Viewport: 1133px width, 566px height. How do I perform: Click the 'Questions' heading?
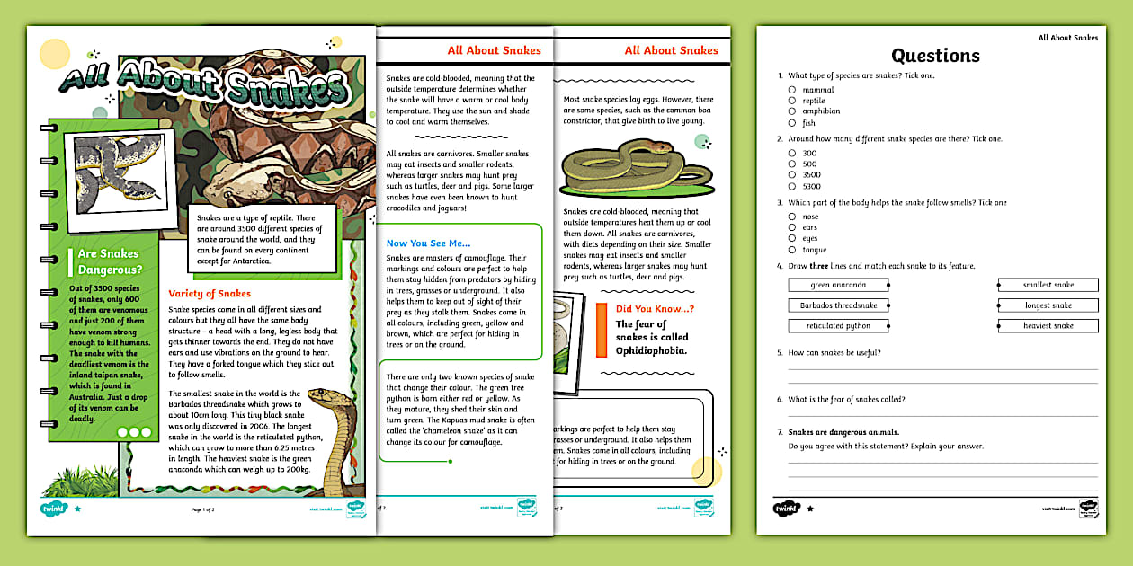(935, 56)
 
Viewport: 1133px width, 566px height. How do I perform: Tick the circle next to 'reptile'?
(792, 101)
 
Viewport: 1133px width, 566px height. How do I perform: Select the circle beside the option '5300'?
(792, 187)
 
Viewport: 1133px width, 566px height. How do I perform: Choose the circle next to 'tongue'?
(792, 250)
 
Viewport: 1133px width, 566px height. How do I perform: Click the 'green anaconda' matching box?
(838, 285)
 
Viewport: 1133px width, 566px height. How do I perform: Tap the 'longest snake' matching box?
(1048, 305)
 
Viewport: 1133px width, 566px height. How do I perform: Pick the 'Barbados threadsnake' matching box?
(838, 305)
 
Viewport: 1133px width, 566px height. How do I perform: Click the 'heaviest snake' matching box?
(1048, 325)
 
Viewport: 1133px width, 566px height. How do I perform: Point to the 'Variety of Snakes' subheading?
(210, 293)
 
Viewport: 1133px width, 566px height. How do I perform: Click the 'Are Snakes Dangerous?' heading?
(110, 261)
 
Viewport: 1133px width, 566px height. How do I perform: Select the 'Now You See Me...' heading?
(428, 243)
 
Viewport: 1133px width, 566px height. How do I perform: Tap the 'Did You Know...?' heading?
(655, 309)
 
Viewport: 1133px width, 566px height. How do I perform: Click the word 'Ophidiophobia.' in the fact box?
(651, 350)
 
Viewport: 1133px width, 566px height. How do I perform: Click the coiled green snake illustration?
(623, 170)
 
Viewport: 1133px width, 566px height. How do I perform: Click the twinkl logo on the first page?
(55, 509)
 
